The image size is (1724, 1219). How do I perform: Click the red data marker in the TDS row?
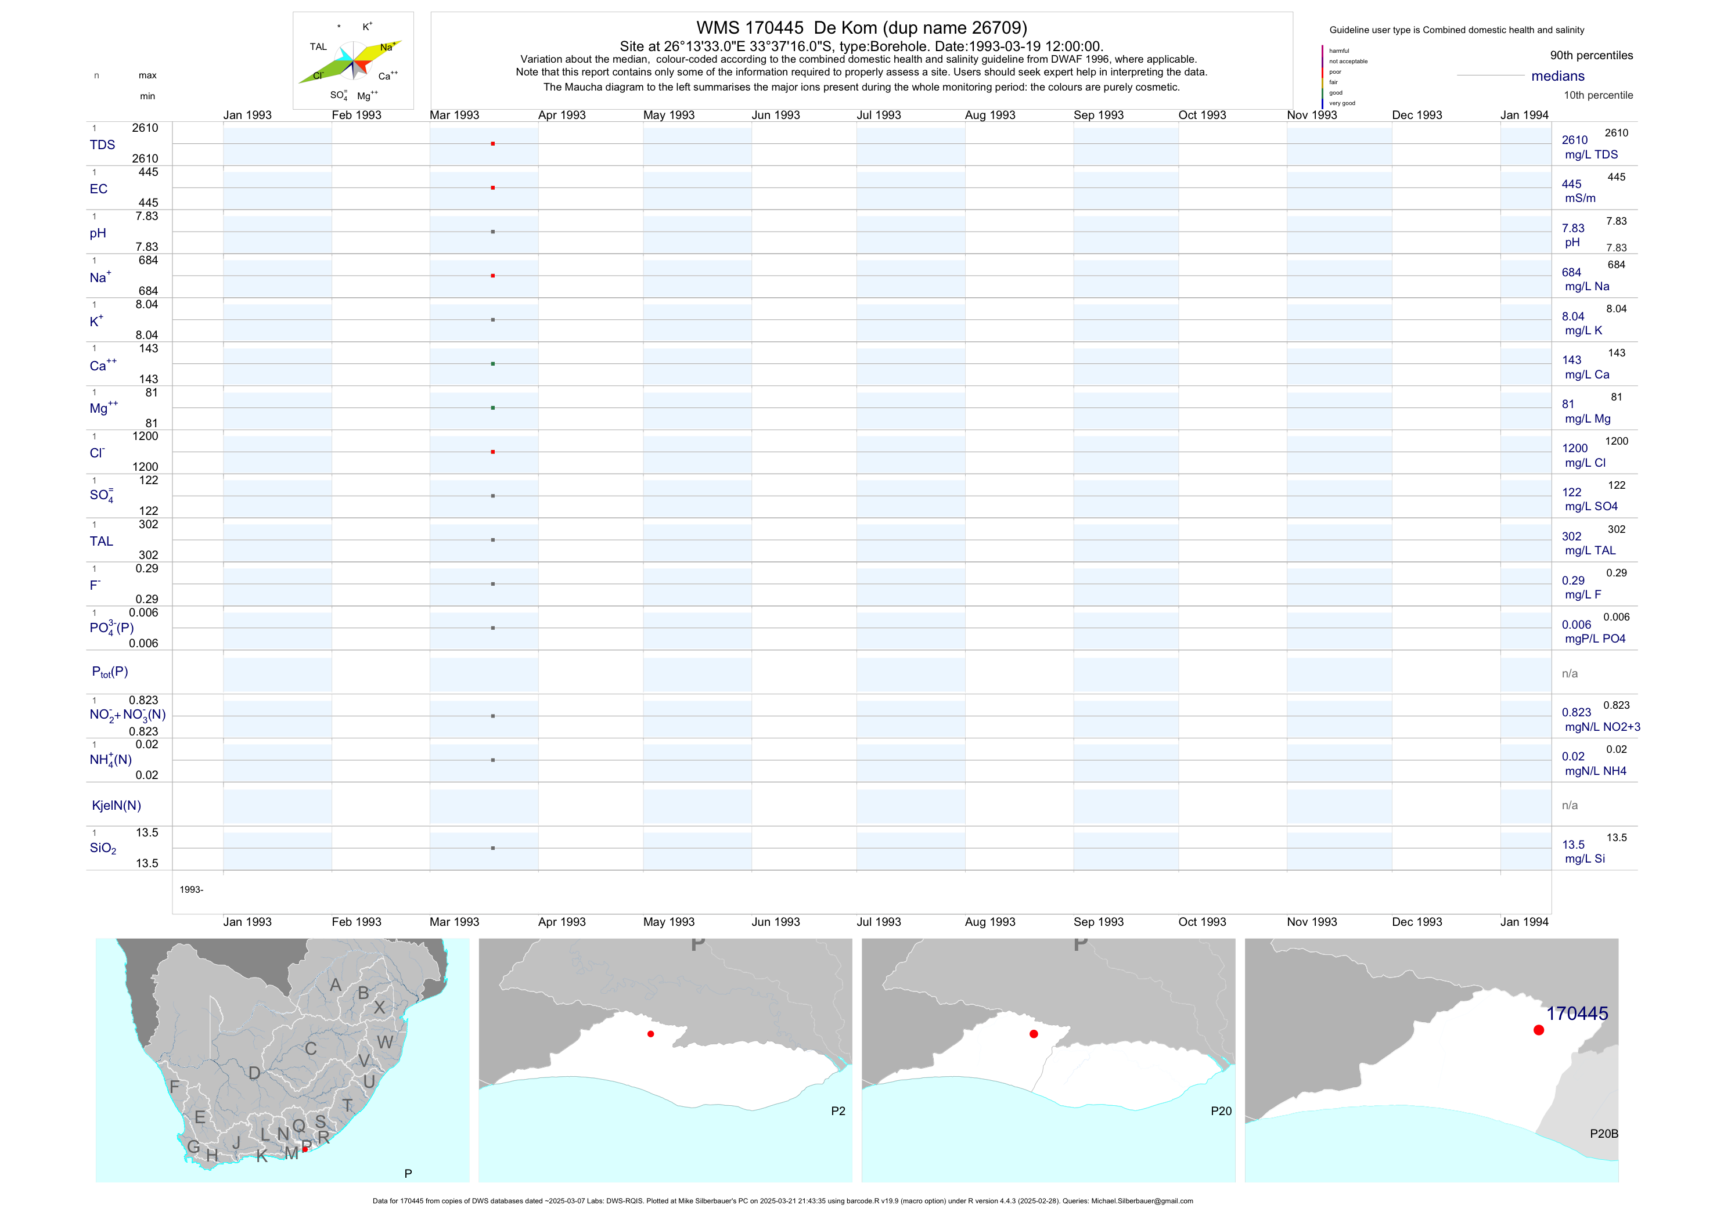click(492, 143)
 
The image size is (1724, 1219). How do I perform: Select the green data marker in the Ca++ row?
click(492, 364)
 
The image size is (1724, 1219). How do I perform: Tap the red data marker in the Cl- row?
click(492, 452)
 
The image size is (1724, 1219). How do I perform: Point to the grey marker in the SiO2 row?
click(492, 848)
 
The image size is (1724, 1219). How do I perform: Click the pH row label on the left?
click(98, 233)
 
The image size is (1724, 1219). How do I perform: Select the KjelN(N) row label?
click(116, 806)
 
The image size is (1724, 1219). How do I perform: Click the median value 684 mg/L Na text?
click(1571, 272)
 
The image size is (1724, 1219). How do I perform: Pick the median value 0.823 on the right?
click(1576, 712)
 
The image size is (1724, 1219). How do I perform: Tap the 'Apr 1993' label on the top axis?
click(562, 115)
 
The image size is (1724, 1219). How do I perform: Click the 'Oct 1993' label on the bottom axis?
click(1202, 922)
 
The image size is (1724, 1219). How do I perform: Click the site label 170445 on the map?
click(1577, 1014)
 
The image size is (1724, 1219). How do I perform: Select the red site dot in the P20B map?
click(1539, 1030)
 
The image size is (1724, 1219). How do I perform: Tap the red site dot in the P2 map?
click(650, 1034)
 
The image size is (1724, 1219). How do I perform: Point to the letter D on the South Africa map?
click(254, 1073)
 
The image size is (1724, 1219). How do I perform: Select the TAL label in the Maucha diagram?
click(318, 46)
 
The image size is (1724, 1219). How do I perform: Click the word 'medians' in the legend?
click(1558, 76)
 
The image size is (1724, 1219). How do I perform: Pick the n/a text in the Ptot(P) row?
click(1570, 673)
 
